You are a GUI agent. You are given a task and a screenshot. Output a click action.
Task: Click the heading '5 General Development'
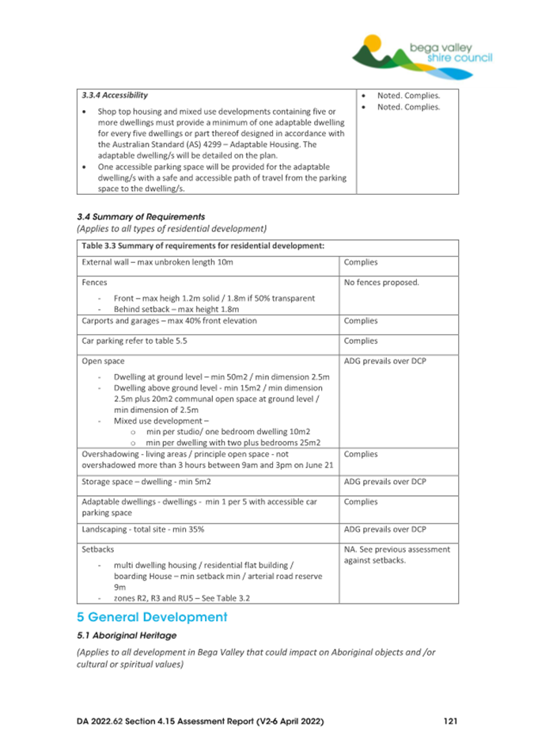pos(152,616)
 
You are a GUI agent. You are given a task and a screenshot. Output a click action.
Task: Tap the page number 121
pos(450,722)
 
